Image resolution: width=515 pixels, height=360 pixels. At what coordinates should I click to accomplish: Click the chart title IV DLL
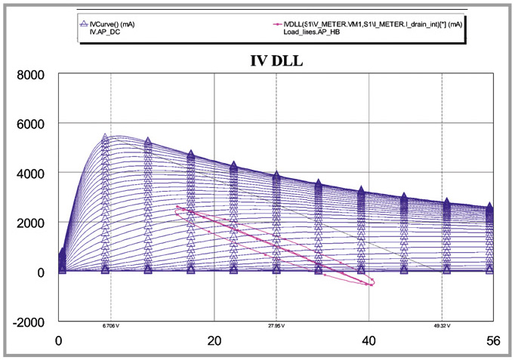click(277, 61)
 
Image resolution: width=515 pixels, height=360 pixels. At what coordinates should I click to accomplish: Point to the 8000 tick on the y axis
click(32, 75)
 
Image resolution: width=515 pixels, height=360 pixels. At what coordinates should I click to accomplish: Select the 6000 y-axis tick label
click(32, 124)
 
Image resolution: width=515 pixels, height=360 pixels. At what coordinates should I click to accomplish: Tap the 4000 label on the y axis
click(32, 174)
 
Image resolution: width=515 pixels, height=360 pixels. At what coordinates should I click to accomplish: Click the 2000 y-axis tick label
click(32, 223)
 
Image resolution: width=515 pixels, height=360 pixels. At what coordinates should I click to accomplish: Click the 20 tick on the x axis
click(214, 340)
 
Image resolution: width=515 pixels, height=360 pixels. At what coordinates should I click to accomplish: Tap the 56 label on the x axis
click(493, 340)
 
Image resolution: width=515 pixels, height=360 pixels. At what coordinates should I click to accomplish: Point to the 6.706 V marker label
click(110, 327)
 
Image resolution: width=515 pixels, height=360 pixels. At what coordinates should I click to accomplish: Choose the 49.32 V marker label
click(441, 327)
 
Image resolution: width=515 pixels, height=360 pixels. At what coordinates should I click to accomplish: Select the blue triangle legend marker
click(83, 23)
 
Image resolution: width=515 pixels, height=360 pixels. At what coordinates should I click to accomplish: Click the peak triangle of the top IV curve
click(105, 138)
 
